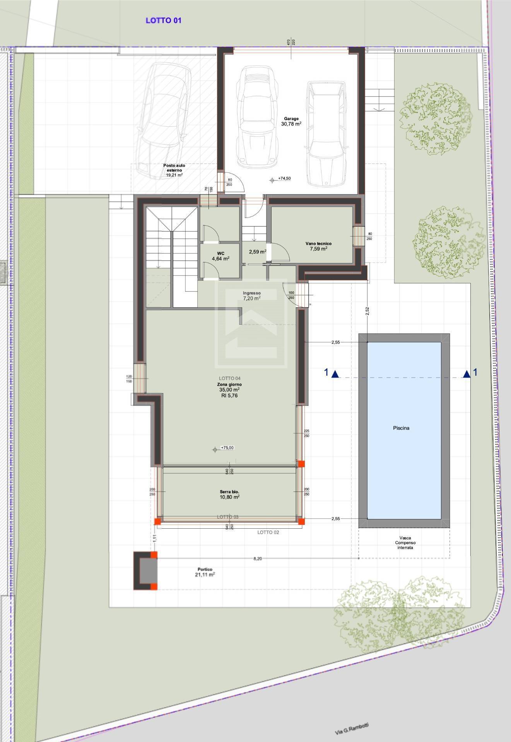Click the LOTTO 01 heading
click(x=163, y=20)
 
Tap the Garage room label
click(x=291, y=119)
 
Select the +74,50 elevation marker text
click(x=284, y=179)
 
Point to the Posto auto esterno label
click(x=174, y=168)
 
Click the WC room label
click(x=220, y=254)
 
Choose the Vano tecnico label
click(x=318, y=243)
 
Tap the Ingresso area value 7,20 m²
click(x=251, y=298)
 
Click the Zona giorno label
click(x=229, y=385)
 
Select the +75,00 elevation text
click(x=227, y=448)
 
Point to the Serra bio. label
click(x=230, y=492)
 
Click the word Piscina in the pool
click(x=401, y=428)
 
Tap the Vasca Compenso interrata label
click(x=405, y=543)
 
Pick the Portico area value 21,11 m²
click(x=205, y=575)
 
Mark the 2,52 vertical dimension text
click(x=367, y=311)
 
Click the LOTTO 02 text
click(x=268, y=532)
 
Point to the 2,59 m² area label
click(x=257, y=252)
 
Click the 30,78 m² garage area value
click(x=291, y=124)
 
